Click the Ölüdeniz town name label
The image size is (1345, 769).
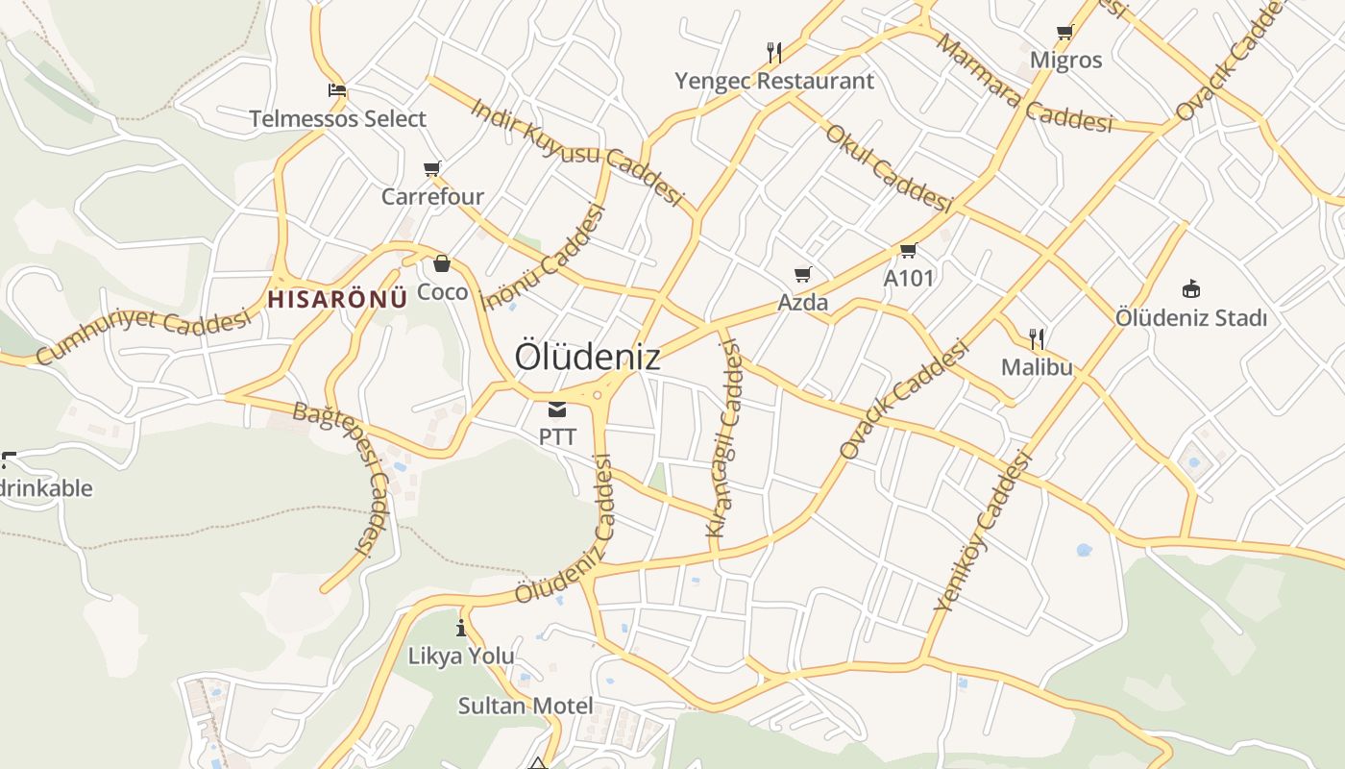[x=587, y=357]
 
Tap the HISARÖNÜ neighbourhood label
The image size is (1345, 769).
[x=337, y=299]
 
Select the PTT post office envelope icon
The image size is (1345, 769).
[x=557, y=410]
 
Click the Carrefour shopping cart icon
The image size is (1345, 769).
[x=432, y=169]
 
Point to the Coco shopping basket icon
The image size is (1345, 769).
[x=442, y=263]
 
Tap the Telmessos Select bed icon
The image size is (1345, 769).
[x=337, y=91]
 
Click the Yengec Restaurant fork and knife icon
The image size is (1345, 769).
[x=774, y=52]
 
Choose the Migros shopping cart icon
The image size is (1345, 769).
[x=1065, y=33]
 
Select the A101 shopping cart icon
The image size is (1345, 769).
[x=908, y=251]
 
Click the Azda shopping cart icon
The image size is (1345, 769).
[x=803, y=275]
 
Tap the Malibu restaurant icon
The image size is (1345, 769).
[x=1037, y=338]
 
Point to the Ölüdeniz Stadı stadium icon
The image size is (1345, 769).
[x=1191, y=288]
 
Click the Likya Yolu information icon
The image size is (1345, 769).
[x=462, y=629]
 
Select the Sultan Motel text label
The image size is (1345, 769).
[x=525, y=706]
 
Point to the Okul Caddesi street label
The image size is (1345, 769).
[x=888, y=168]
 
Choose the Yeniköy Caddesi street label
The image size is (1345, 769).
[x=982, y=532]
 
